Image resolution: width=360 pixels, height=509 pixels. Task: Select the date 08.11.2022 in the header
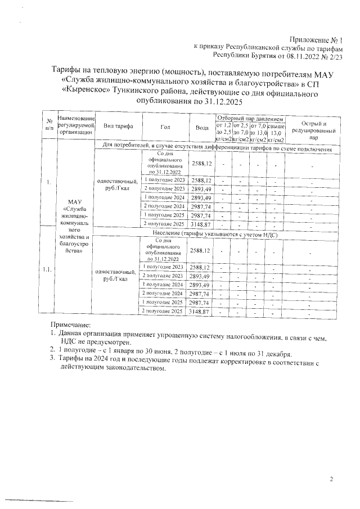[303, 56]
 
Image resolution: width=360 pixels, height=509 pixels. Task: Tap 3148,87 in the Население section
[201, 310]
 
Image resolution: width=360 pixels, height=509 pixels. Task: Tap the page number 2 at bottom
[331, 479]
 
